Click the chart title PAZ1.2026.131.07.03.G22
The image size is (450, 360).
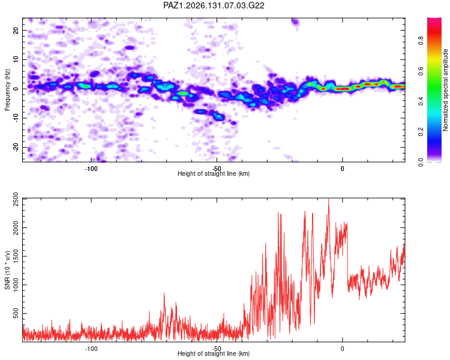[x=214, y=5]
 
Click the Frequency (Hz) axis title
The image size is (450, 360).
[x=7, y=90]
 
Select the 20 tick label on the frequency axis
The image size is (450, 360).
[x=16, y=30]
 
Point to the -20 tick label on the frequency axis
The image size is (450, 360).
[x=16, y=147]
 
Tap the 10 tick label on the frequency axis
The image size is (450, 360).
[x=16, y=59]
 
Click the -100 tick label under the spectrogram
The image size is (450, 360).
[x=91, y=169]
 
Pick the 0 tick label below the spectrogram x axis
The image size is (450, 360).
[x=343, y=169]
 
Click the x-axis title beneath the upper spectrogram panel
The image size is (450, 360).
[x=214, y=173]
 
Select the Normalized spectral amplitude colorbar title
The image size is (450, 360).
[x=445, y=90]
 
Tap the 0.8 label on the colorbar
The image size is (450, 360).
[x=421, y=41]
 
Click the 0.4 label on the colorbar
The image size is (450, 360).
[x=421, y=101]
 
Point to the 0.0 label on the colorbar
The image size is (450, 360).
[x=421, y=163]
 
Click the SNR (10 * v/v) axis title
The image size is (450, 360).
[x=7, y=270]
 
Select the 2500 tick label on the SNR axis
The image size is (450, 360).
[x=16, y=199]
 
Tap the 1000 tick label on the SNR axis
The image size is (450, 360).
[x=16, y=285]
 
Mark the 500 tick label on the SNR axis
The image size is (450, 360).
[x=16, y=313]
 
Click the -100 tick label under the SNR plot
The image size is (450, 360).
[x=91, y=349]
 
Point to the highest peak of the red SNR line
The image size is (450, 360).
[x=329, y=199]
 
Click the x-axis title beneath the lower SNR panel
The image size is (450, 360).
[x=214, y=353]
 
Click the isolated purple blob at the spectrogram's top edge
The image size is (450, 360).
[x=295, y=22]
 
